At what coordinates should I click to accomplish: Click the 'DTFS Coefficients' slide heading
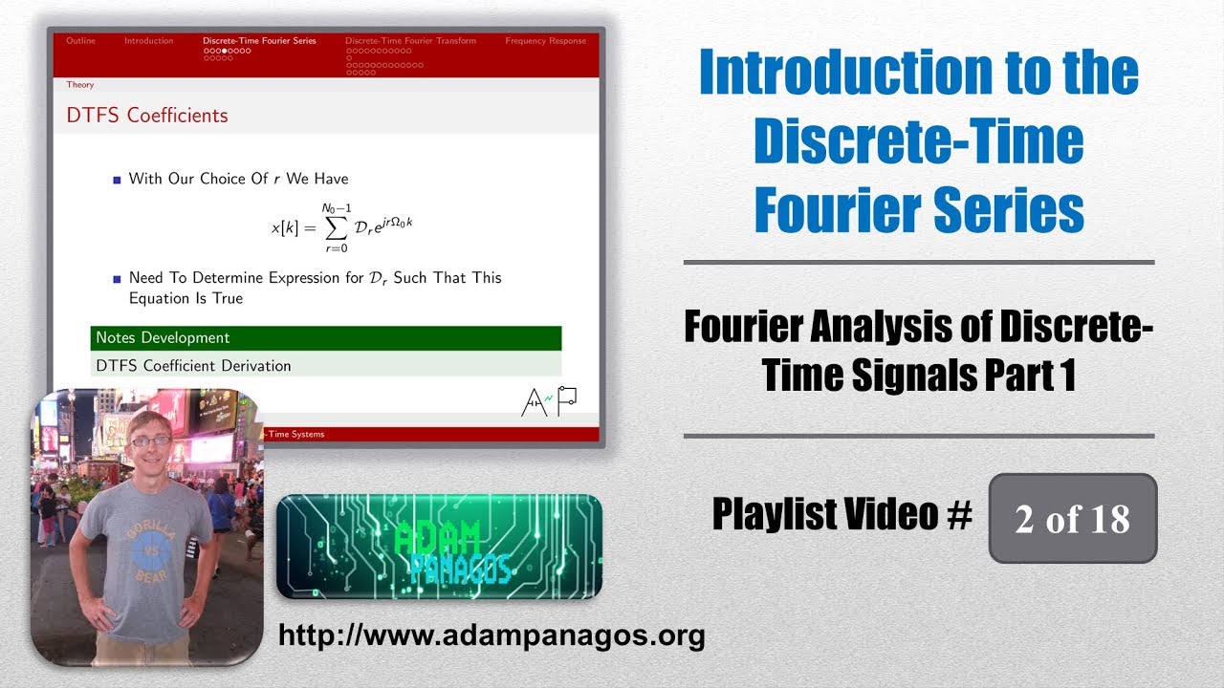pos(147,116)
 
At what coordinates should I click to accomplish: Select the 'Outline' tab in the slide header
pos(80,41)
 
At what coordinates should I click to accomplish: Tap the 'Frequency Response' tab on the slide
pos(546,41)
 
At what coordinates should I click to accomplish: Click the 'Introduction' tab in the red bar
pos(149,41)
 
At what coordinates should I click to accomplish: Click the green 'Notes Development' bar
pos(325,338)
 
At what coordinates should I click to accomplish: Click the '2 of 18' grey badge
pos(1072,519)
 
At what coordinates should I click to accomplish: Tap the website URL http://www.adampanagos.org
pos(491,634)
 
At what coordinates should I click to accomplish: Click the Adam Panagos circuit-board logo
pos(439,547)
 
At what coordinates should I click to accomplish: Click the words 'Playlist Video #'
pos(841,515)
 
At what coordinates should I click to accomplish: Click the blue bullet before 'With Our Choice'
pos(118,180)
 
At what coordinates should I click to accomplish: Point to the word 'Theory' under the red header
pos(80,85)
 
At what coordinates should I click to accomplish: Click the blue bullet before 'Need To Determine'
pos(118,279)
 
